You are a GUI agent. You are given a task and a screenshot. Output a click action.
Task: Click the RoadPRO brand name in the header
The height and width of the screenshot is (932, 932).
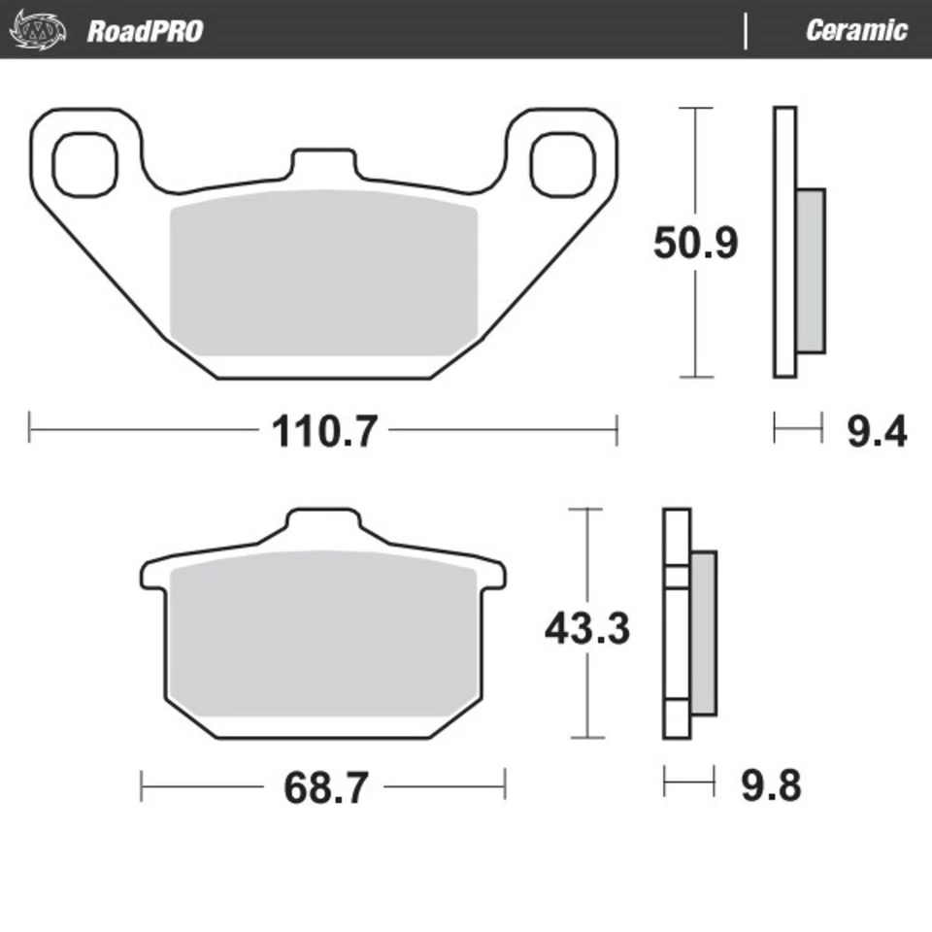tap(145, 30)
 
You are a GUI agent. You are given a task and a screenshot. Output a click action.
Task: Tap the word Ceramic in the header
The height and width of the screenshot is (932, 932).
tap(855, 30)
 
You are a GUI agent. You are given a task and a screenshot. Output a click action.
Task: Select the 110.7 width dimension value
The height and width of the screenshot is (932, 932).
tap(322, 430)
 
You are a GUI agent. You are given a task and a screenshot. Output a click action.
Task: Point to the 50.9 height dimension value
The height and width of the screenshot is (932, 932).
tap(695, 243)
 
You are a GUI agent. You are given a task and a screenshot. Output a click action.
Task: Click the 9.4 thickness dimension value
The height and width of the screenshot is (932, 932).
tap(876, 430)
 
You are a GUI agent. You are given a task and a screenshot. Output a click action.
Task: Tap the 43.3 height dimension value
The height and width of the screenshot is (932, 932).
tap(586, 629)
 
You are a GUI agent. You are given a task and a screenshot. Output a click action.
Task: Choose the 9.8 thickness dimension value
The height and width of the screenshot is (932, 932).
tap(771, 785)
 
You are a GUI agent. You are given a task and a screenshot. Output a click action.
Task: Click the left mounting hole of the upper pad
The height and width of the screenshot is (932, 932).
tap(83, 163)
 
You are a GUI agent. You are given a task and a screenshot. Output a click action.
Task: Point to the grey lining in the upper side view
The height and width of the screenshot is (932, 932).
tap(811, 270)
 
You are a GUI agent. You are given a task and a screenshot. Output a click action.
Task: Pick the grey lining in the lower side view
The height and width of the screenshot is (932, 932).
tap(703, 631)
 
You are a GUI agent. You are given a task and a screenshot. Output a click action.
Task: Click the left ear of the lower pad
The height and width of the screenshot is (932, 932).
tap(154, 574)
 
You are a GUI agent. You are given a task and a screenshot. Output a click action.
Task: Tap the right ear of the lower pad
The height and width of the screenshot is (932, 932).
tap(492, 574)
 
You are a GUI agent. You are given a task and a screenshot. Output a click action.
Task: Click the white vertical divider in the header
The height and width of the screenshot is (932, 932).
tap(746, 30)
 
